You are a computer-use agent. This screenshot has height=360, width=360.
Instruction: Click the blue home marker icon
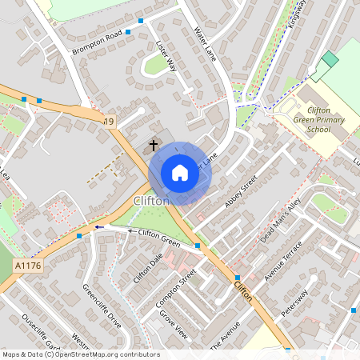click(x=179, y=173)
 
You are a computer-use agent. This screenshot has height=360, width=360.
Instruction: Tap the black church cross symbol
click(x=154, y=146)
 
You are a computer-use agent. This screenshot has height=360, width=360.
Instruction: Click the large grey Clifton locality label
click(x=151, y=201)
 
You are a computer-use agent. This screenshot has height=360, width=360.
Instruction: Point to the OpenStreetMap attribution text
click(x=80, y=354)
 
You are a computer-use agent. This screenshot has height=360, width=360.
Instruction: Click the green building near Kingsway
click(x=330, y=59)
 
